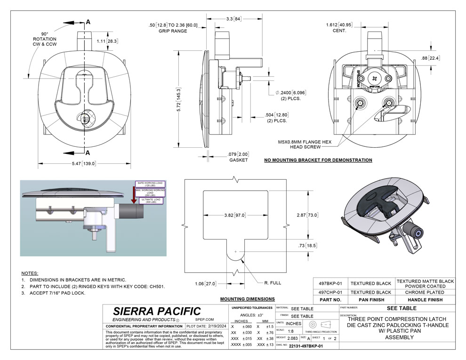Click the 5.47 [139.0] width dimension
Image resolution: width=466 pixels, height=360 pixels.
click(82, 163)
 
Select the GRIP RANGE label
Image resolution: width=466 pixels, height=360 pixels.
click(172, 31)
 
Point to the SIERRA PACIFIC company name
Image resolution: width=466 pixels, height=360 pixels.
click(157, 312)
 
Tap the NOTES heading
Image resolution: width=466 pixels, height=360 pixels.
click(30, 273)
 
